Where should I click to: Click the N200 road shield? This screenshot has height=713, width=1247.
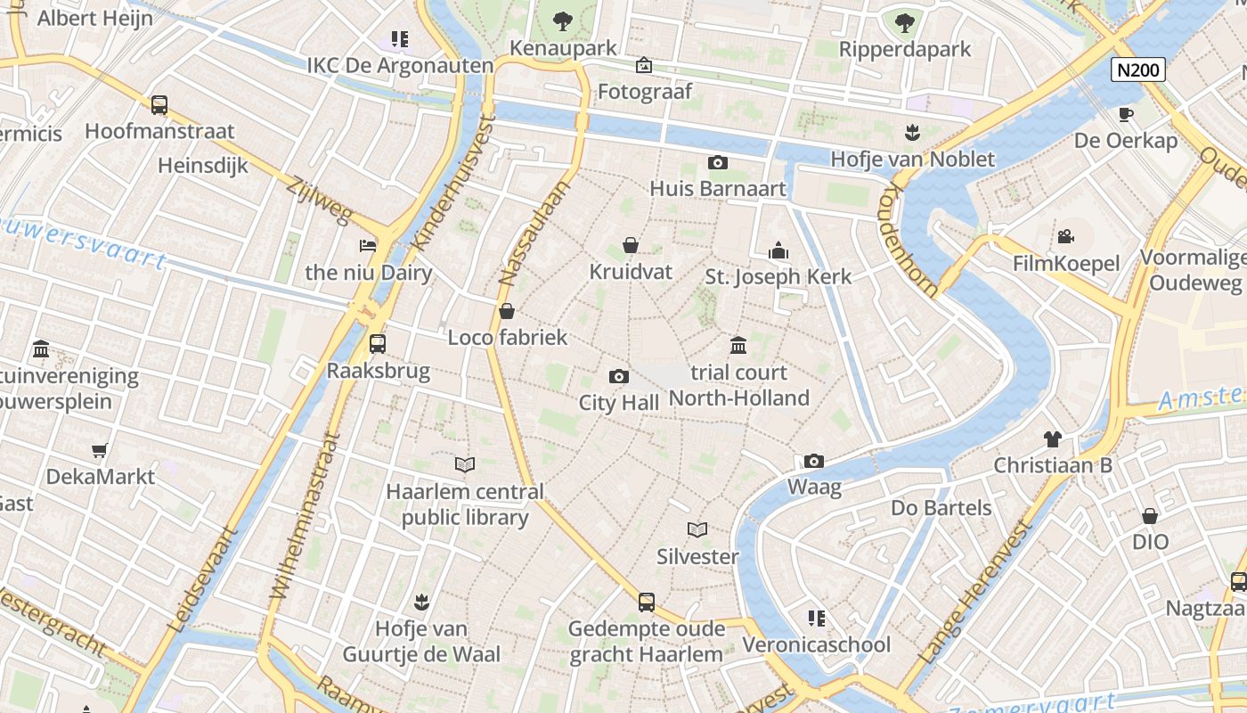point(1138,70)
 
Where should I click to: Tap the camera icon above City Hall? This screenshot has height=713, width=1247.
point(618,377)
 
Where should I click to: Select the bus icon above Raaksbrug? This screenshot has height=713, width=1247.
point(378,344)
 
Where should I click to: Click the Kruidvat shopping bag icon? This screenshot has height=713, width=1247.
point(631,245)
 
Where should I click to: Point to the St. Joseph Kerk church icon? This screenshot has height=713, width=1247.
point(778,250)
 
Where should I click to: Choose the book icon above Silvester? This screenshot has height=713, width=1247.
point(697,530)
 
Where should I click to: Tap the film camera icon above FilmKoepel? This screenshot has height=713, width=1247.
point(1065,237)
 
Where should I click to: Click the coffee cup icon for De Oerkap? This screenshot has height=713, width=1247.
point(1126,114)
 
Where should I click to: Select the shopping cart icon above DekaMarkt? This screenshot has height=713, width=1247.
point(100,451)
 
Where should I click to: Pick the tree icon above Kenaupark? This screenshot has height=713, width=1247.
point(562,21)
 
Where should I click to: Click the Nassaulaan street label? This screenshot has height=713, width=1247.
point(534,233)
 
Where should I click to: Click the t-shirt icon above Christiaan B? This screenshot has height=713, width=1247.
point(1053,438)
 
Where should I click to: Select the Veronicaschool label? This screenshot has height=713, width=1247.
point(816,644)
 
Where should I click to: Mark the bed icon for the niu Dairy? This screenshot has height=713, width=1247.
point(368,246)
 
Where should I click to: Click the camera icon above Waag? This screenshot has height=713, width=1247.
point(813,462)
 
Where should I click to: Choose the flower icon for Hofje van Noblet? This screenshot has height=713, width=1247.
point(911,133)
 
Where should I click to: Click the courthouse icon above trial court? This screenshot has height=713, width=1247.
point(738,346)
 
